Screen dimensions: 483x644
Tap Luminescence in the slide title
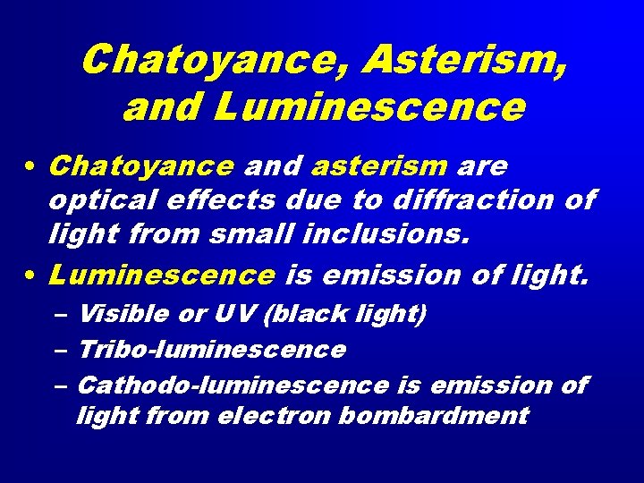369,107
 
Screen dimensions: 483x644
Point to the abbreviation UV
231,314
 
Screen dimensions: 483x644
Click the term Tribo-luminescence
211,350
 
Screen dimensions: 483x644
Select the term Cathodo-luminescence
233,386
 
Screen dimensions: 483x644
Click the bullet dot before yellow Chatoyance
31,167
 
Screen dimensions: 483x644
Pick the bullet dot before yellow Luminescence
31,276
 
